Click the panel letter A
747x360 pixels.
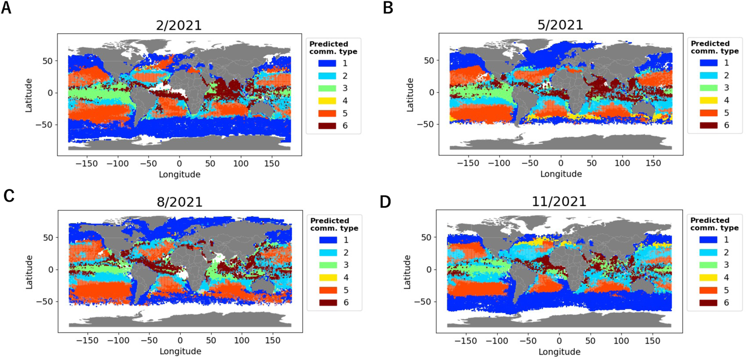[x=6, y=8]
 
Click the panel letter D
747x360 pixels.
[x=385, y=202]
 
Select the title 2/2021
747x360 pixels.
[x=179, y=25]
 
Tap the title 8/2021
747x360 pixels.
[x=180, y=202]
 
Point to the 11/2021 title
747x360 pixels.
[x=559, y=201]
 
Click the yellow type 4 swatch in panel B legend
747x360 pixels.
[x=708, y=100]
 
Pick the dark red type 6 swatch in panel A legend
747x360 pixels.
[x=327, y=126]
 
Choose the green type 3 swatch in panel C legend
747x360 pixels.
[x=328, y=265]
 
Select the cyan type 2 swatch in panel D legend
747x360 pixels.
[x=708, y=252]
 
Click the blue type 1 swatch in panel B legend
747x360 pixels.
[x=708, y=63]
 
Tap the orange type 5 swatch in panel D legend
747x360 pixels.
[x=708, y=290]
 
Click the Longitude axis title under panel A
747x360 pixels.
[x=180, y=174]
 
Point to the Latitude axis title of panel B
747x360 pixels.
[x=409, y=95]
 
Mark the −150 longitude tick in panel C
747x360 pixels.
[x=88, y=340]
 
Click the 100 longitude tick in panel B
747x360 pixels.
[x=622, y=163]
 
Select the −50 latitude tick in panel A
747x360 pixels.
[x=44, y=125]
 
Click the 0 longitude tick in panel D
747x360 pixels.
[x=559, y=340]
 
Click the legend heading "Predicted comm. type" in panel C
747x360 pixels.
[x=334, y=224]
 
